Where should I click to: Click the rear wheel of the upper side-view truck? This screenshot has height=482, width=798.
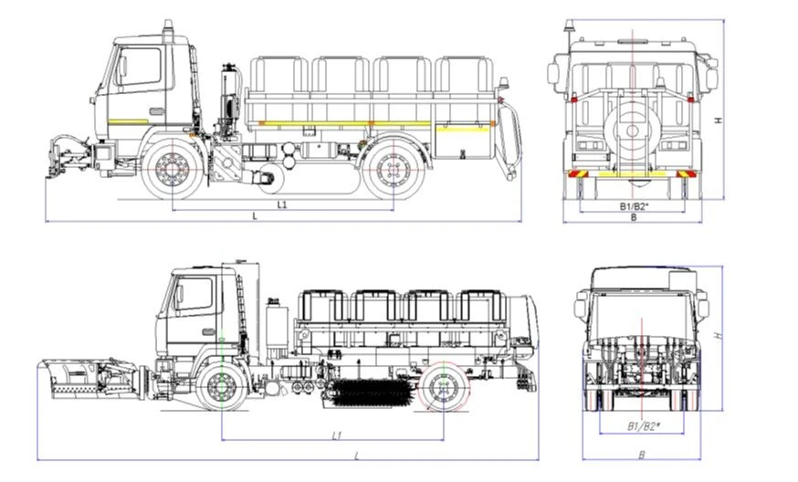pyautogui.click(x=394, y=171)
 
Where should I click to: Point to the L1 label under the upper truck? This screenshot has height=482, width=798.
pyautogui.click(x=282, y=205)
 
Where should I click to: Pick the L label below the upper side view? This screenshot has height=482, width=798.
pyautogui.click(x=255, y=216)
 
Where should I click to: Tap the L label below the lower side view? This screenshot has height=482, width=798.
pyautogui.click(x=356, y=454)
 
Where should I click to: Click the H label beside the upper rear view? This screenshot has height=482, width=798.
pyautogui.click(x=719, y=120)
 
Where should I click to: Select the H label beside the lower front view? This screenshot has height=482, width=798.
pyautogui.click(x=719, y=335)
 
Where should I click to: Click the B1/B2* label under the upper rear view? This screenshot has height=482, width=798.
pyautogui.click(x=635, y=206)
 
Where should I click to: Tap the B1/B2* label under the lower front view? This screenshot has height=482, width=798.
pyautogui.click(x=645, y=426)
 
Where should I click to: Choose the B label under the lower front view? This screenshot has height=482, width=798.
pyautogui.click(x=642, y=454)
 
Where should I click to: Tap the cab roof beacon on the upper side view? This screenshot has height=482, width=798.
pyautogui.click(x=168, y=29)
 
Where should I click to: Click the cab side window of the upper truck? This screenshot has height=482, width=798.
pyautogui.click(x=140, y=68)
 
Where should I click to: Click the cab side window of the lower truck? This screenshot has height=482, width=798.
pyautogui.click(x=194, y=296)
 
